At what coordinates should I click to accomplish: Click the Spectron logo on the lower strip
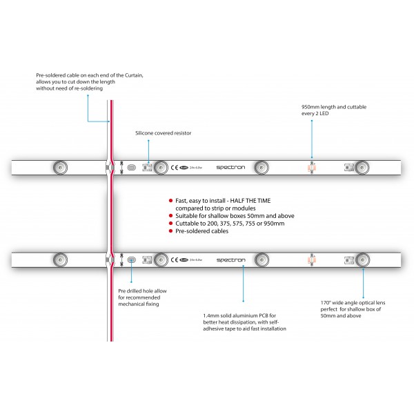click(228, 259)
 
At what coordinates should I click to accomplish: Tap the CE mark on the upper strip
click(175, 166)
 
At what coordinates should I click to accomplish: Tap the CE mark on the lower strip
click(175, 259)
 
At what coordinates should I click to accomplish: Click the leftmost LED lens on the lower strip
click(59, 259)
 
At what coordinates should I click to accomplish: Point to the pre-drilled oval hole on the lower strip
click(131, 259)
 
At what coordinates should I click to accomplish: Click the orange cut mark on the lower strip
click(310, 259)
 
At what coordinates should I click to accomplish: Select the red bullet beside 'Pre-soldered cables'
click(170, 231)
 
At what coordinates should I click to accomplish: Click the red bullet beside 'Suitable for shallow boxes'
click(170, 216)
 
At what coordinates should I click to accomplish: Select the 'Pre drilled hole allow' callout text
click(141, 291)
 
